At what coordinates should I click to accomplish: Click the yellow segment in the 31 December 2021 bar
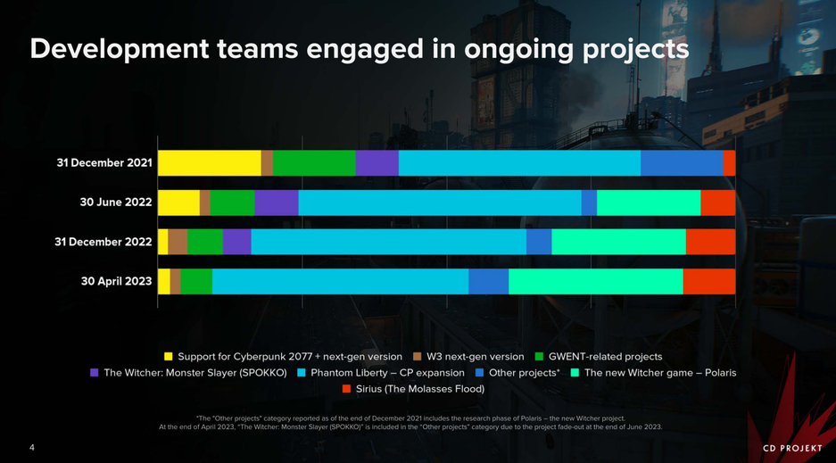[209, 163]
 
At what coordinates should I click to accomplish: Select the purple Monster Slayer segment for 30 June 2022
[276, 203]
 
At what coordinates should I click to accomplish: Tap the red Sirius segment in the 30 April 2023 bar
[708, 281]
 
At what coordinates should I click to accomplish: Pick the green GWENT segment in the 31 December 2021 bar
[313, 163]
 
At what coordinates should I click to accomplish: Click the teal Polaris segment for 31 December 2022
[618, 242]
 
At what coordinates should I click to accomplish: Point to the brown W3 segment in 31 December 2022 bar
[178, 242]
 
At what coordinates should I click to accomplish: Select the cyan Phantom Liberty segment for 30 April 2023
[340, 281]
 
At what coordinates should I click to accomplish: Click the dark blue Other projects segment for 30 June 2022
[589, 203]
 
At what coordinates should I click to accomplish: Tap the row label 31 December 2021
[104, 163]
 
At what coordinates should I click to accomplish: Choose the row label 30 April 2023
[116, 281]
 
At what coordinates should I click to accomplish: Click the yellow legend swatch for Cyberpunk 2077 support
[170, 357]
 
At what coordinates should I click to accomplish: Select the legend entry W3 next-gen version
[476, 357]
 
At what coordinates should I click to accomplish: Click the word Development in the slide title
[120, 49]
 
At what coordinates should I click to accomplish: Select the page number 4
[31, 447]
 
